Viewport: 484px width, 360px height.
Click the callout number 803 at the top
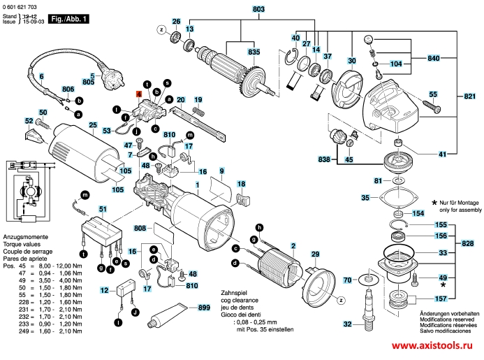240,8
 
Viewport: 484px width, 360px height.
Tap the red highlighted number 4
138,93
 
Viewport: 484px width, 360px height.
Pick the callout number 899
203,308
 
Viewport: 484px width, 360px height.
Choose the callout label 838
323,160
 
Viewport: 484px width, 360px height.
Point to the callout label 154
418,213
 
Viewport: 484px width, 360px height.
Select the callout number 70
346,281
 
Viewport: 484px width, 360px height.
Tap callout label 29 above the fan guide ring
315,254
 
